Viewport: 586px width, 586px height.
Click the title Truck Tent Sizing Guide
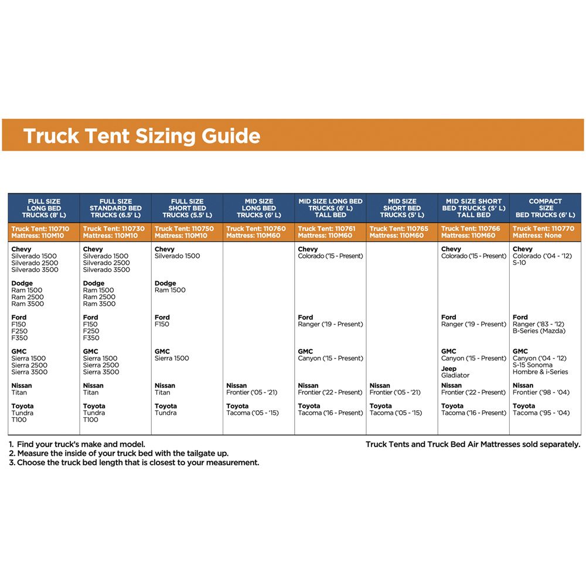pos(141,136)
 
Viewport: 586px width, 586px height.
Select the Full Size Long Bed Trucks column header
pos(44,208)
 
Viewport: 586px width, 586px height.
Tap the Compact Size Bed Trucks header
pos(545,208)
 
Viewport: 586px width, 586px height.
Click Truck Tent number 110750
pos(187,229)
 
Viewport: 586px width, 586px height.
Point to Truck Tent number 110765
pos(402,229)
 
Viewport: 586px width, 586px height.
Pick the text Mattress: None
pos(537,236)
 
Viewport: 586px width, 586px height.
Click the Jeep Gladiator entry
pos(455,372)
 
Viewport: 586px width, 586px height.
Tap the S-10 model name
pos(520,263)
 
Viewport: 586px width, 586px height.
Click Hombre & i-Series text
pos(540,372)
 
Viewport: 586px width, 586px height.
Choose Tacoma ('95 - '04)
pos(541,413)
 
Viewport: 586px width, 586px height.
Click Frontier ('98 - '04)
pos(541,393)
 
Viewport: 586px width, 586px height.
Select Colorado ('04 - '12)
pos(542,256)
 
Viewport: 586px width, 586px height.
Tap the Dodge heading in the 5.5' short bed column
pos(165,284)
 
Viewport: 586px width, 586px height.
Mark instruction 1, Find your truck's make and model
pos(77,444)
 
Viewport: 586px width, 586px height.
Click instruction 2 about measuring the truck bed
pos(118,454)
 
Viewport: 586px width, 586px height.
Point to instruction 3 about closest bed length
pos(134,462)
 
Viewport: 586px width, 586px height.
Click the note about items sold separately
pos(472,444)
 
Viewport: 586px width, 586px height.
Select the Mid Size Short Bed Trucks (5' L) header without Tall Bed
pos(402,208)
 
